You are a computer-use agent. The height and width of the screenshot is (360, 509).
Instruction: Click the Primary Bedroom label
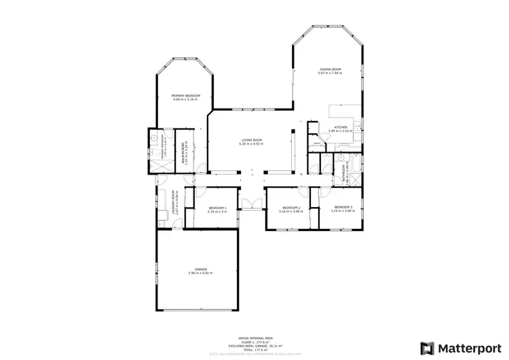tap(185, 96)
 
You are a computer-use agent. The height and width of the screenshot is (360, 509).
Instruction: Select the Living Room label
tap(252, 140)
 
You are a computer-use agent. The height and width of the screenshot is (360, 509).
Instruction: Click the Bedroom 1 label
tap(217, 207)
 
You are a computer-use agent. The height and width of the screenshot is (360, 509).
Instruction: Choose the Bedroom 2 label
tap(290, 207)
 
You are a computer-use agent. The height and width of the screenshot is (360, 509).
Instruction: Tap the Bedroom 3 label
tap(342, 206)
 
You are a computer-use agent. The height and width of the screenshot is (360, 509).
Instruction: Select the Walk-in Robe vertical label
tap(183, 151)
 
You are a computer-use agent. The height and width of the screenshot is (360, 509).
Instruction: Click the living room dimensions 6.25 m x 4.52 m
tap(252, 144)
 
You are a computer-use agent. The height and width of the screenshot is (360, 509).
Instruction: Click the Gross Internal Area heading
tap(254, 338)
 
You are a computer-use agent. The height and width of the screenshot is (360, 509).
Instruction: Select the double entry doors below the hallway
tap(252, 204)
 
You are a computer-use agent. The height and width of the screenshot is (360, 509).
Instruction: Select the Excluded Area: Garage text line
tap(254, 344)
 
